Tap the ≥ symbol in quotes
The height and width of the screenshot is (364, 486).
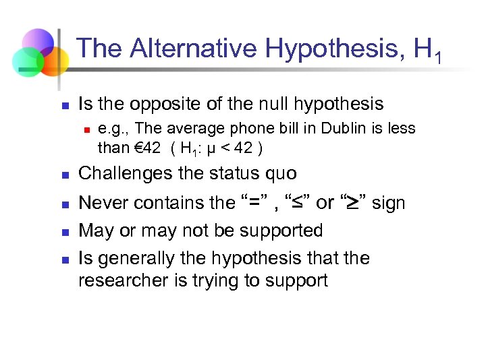[353, 203]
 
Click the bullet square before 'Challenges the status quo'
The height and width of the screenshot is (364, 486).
[65, 175]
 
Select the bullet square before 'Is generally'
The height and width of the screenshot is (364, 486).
[65, 260]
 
